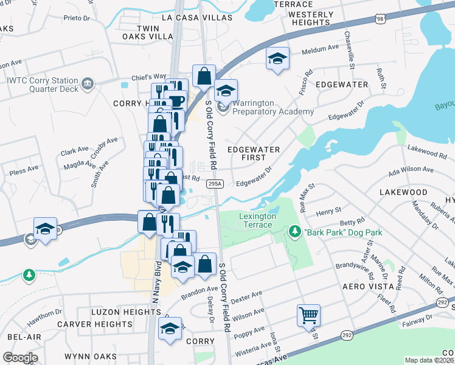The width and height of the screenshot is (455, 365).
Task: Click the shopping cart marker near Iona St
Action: click(309, 316)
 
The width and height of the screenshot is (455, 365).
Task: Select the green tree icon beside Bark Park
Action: click(294, 232)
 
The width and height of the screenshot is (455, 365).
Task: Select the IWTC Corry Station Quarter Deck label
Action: click(43, 84)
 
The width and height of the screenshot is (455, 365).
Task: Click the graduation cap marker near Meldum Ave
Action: click(277, 59)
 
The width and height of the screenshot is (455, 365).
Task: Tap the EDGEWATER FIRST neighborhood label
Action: click(253, 153)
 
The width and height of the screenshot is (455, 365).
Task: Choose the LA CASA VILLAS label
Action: click(197, 18)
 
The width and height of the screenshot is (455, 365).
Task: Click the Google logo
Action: click(20, 357)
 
